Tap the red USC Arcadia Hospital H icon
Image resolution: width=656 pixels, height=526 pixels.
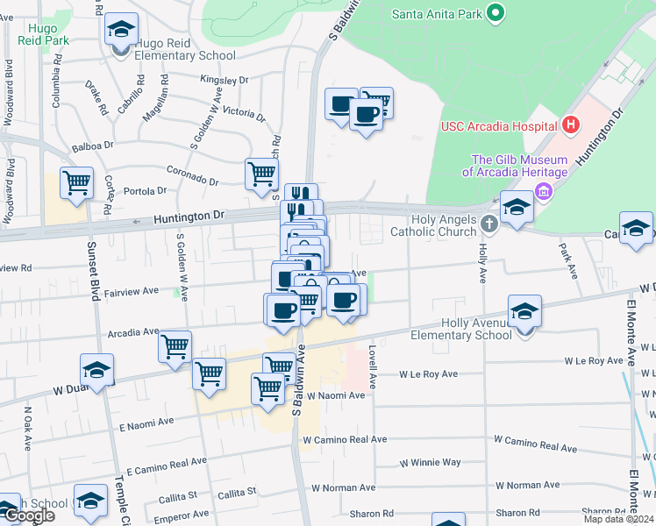[x=571, y=124]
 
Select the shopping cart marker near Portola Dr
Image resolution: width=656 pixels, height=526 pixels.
[x=76, y=184]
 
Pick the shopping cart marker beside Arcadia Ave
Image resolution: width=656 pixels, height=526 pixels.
[x=175, y=345]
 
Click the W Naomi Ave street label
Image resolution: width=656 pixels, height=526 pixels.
[x=334, y=395]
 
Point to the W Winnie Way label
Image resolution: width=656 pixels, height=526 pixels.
[x=431, y=462]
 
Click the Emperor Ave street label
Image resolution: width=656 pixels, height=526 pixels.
[x=183, y=515]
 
